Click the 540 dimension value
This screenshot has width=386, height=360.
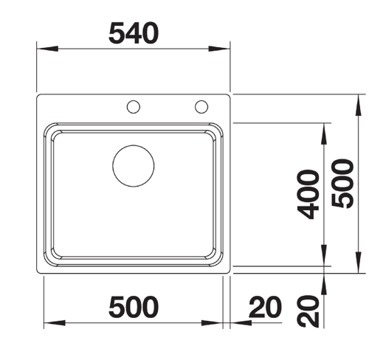click(x=134, y=32)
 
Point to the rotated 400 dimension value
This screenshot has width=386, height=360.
click(x=309, y=194)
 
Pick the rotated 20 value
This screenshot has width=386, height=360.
click(x=309, y=310)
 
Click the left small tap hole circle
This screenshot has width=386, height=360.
click(x=133, y=107)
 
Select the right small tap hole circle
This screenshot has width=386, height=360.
click(x=201, y=107)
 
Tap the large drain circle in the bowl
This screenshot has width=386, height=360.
click(x=133, y=165)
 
